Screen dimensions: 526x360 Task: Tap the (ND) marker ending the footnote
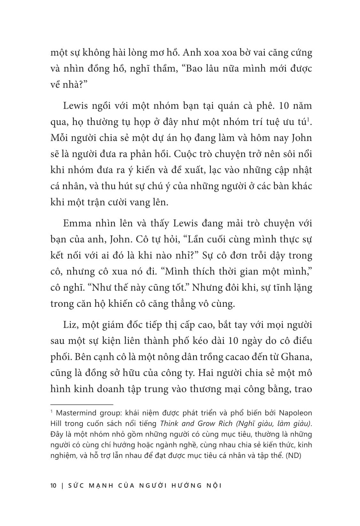tap(293, 456)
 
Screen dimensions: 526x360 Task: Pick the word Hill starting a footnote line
tap(56, 423)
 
